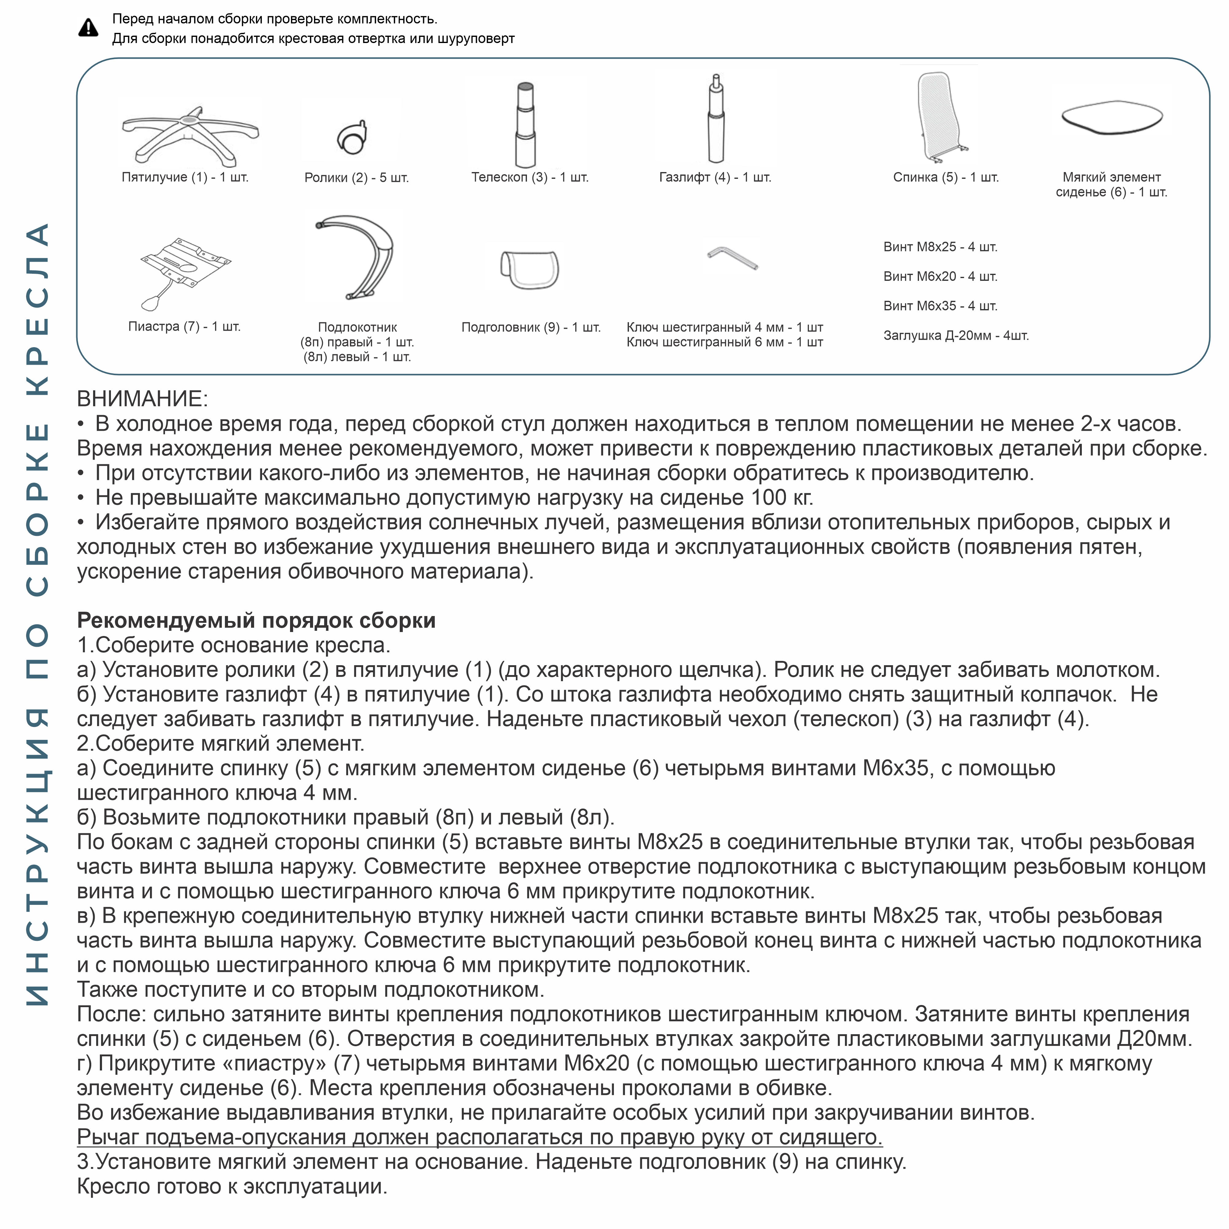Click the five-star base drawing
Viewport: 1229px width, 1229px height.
pos(190,132)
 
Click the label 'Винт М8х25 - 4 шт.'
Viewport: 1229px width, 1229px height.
pos(940,247)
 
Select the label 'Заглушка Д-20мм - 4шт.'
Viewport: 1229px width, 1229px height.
pos(956,335)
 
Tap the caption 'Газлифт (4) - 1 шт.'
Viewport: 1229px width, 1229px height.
pos(715,178)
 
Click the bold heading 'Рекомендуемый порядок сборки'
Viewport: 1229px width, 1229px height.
pos(256,620)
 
